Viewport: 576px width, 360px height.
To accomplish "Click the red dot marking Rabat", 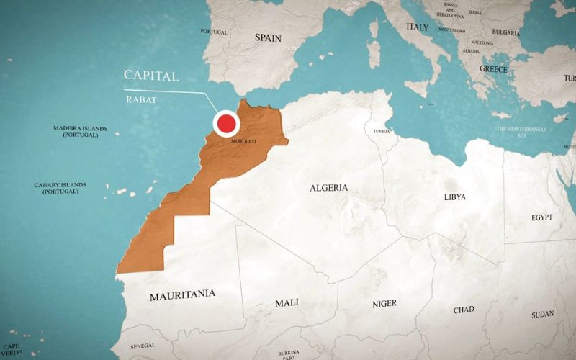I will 228,123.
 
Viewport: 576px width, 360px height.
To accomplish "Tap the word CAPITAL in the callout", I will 151,76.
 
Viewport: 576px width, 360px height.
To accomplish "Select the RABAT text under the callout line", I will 140,100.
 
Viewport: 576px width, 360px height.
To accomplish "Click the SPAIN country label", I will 268,37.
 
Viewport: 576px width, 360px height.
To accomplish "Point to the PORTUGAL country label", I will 214,32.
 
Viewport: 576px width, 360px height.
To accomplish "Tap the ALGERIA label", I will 328,188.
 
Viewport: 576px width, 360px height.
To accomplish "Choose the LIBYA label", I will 455,197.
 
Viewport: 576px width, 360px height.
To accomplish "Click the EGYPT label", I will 541,217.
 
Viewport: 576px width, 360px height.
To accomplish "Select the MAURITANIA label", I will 182,295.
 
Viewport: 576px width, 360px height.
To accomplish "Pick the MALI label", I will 287,303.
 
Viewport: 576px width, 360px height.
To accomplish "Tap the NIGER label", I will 384,304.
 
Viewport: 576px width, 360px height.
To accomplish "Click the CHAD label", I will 464,310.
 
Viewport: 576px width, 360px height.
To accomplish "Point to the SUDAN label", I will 542,315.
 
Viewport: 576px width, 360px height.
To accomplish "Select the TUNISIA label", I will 382,132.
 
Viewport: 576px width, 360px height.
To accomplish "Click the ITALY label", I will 417,27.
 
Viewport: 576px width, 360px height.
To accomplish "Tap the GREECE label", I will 494,69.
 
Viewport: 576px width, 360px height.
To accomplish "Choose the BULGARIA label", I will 506,32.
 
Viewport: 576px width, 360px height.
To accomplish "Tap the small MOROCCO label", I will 243,141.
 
